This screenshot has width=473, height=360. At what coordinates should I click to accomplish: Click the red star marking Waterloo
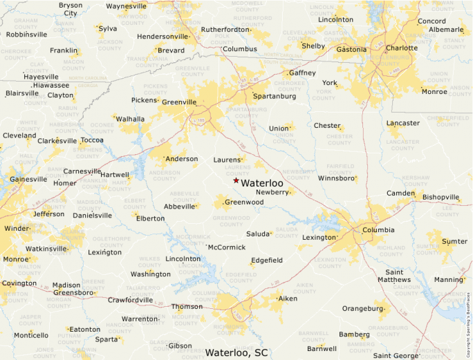pos(236,180)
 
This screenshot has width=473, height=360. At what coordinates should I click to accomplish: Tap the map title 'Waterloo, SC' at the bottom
pos(236,352)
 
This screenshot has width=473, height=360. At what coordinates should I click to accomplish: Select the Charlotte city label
pos(402,48)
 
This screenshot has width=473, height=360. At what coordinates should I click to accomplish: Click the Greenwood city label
pos(244,202)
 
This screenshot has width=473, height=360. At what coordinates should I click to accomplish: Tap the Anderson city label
pos(182,158)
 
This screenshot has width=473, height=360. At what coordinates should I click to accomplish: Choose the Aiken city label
pos(288,299)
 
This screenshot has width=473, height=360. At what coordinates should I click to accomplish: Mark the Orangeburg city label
pos(363,308)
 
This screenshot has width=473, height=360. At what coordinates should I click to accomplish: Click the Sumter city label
pos(454,241)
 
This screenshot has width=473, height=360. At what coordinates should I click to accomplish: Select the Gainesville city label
pos(28,179)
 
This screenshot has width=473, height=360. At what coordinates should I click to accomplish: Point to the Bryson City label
pos(71,9)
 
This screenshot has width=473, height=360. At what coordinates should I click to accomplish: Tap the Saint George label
pos(396,355)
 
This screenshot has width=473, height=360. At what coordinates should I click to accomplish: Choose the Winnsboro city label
pos(337,178)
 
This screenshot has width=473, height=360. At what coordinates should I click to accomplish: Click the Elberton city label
pos(150,218)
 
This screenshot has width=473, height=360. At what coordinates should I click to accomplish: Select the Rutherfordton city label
pos(225,30)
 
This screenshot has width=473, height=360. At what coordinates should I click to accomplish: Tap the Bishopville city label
pos(441,197)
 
